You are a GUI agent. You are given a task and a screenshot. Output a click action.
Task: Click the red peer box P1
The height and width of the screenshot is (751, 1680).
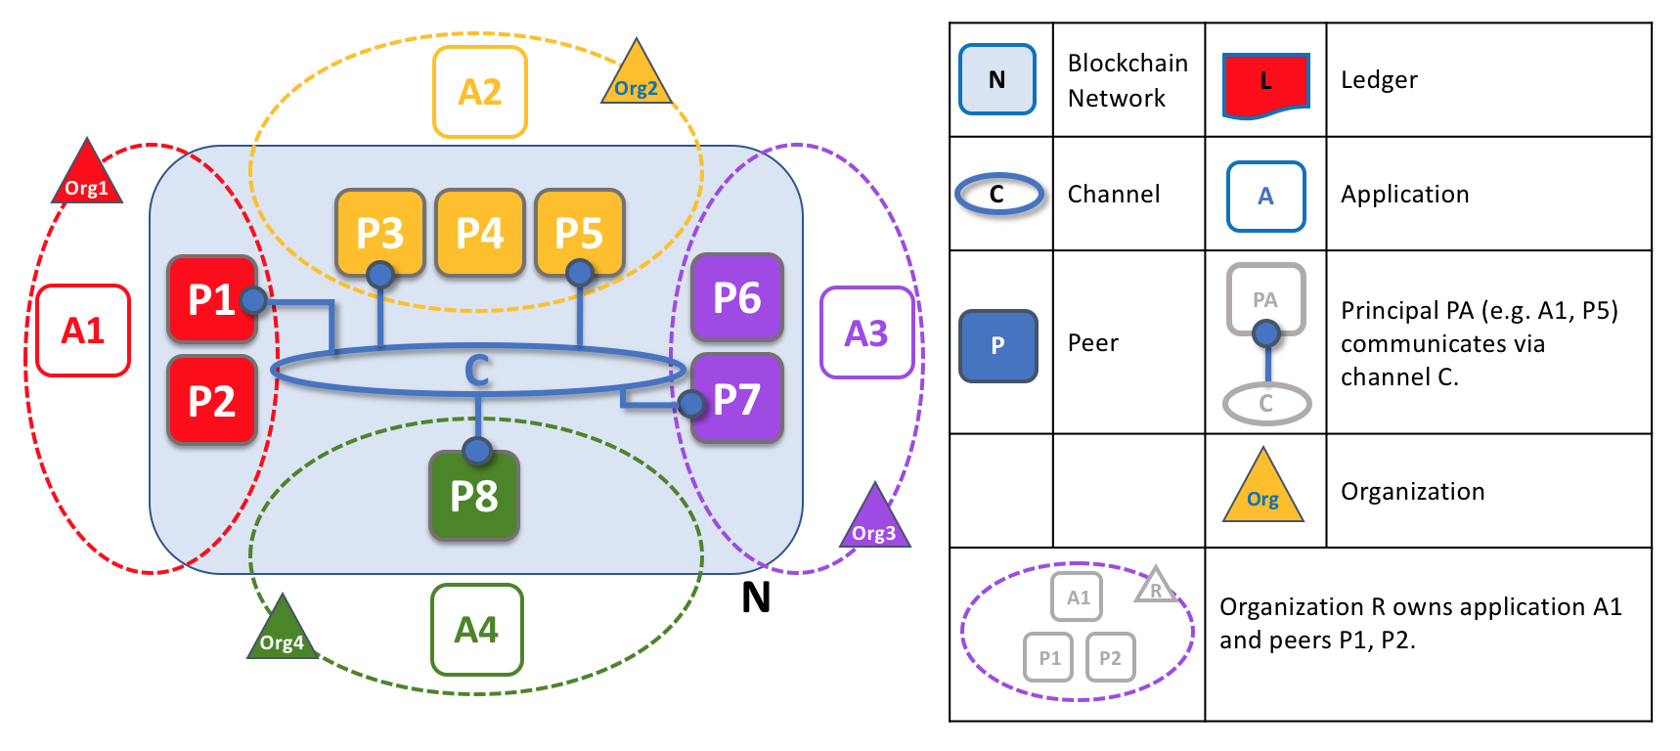[210, 299]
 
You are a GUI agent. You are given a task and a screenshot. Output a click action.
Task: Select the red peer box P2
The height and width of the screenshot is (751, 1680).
[211, 400]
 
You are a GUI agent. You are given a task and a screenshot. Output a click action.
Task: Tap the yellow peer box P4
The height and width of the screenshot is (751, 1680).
[479, 233]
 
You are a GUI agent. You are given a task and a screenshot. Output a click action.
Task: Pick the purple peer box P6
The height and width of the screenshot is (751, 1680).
[736, 297]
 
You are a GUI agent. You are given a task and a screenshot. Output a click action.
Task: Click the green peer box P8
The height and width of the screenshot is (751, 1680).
[473, 496]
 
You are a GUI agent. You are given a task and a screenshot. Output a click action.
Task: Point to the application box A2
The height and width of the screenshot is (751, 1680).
[479, 92]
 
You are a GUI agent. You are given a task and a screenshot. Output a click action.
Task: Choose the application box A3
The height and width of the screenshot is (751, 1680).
[866, 332]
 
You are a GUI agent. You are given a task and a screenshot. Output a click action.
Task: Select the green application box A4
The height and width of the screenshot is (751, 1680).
[476, 630]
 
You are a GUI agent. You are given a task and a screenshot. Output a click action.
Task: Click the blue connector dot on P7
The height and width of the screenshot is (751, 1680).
[691, 402]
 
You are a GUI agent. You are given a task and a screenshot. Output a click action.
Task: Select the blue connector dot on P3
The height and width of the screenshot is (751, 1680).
[379, 274]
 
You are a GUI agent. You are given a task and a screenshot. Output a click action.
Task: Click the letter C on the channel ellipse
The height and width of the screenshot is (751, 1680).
[476, 371]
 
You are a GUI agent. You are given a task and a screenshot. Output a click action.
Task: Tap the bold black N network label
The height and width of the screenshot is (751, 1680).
[755, 597]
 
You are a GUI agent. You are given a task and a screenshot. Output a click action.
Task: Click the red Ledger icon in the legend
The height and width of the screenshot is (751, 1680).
[1265, 84]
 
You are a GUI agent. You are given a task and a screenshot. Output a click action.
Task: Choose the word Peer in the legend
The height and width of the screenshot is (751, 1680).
[1092, 343]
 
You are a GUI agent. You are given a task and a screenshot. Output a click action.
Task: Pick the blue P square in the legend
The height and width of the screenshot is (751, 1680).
[997, 345]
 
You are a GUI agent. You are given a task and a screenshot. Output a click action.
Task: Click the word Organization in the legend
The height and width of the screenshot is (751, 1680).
[1412, 492]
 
